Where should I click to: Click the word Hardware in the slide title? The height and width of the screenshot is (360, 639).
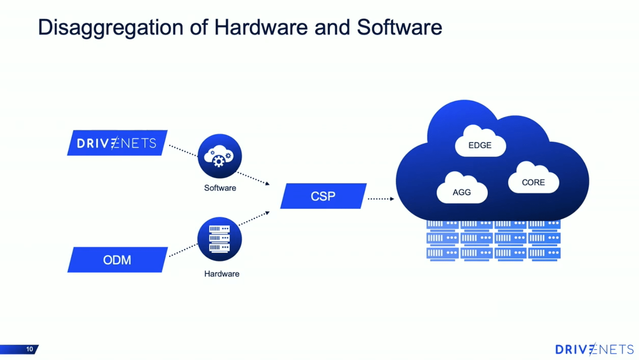click(x=261, y=28)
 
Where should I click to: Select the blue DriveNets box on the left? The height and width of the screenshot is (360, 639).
click(x=117, y=143)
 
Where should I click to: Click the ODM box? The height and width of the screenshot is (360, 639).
click(x=117, y=260)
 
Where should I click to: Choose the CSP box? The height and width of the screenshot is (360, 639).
click(x=323, y=196)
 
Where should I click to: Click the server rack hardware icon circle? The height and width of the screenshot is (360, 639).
click(x=219, y=239)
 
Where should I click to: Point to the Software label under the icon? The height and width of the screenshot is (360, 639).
click(x=220, y=188)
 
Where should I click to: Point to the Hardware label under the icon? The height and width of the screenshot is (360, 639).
click(x=221, y=274)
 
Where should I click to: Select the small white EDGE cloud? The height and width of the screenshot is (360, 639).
click(x=480, y=143)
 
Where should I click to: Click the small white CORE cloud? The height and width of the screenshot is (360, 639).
click(x=533, y=180)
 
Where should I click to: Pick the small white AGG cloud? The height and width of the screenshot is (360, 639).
click(x=462, y=190)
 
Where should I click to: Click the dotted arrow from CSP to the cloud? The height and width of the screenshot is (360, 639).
click(x=381, y=199)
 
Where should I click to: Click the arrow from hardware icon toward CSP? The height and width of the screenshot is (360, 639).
click(x=254, y=218)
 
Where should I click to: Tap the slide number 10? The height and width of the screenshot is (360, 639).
click(x=29, y=349)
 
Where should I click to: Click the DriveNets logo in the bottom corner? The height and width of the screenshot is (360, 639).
click(x=594, y=349)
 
